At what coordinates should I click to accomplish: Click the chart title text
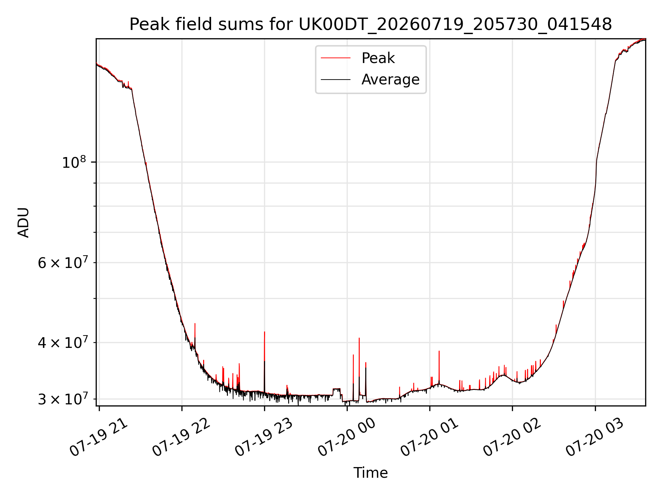coord(370,24)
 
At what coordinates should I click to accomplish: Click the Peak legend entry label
coord(378,58)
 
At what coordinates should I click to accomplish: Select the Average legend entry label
coord(390,80)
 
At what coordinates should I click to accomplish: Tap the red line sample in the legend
coord(336,58)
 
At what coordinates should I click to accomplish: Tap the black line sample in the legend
coord(336,80)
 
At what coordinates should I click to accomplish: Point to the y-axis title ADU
coord(23,222)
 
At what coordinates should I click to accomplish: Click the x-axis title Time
coord(370,473)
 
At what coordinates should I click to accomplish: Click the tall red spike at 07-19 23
coord(264,362)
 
